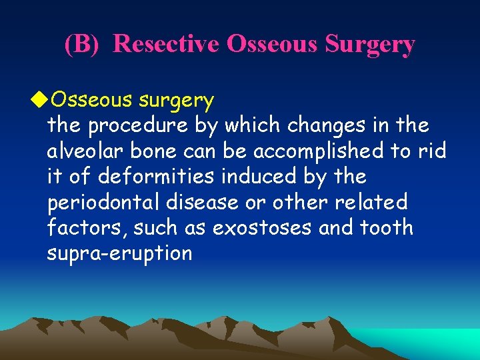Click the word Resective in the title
167,44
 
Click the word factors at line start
86,228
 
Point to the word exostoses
261,228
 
